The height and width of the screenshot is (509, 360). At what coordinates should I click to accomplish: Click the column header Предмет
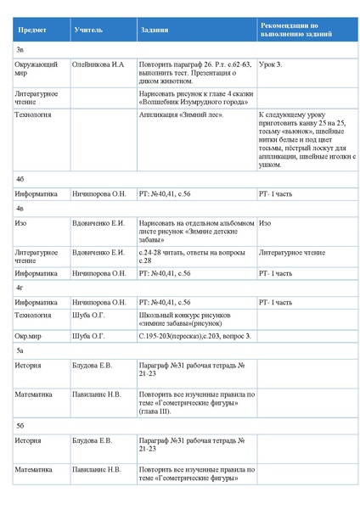[x=33, y=31]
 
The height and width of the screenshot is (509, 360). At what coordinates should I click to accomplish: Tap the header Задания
[x=154, y=31]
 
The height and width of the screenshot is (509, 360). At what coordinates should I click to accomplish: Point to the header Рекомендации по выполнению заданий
[x=295, y=31]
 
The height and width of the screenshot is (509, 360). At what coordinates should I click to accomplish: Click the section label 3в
[x=20, y=50]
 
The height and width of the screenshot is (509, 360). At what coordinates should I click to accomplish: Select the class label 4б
[x=20, y=180]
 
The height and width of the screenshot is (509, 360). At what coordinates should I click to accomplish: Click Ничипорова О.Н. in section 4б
[x=99, y=194]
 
